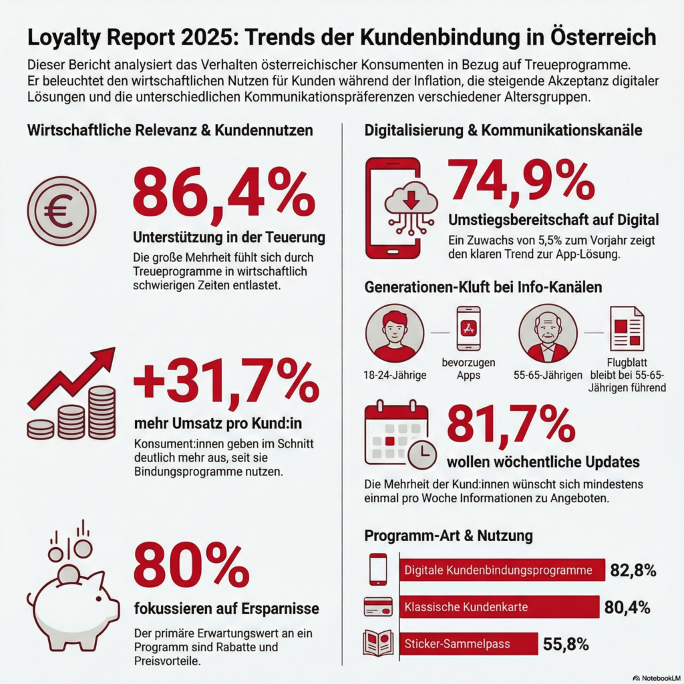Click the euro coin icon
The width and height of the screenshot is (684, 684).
click(x=61, y=211)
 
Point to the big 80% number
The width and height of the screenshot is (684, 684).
click(x=191, y=565)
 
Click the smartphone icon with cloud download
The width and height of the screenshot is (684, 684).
click(x=394, y=208)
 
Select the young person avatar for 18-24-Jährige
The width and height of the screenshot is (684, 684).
click(x=395, y=333)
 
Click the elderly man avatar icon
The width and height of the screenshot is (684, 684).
click(x=548, y=333)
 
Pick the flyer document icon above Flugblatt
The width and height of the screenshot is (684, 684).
click(x=627, y=329)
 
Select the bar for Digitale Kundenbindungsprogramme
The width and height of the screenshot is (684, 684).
click(x=502, y=570)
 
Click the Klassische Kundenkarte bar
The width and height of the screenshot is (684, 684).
click(x=499, y=607)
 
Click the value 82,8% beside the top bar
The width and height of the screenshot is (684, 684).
click(x=633, y=570)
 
